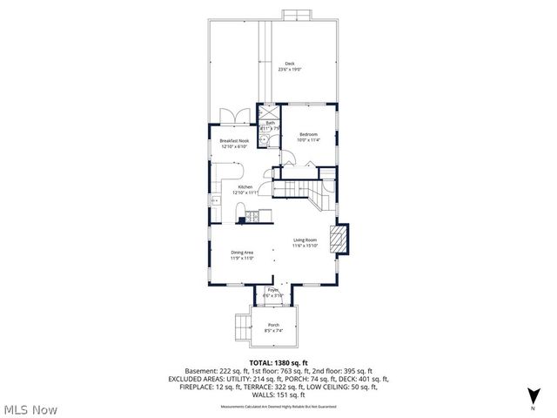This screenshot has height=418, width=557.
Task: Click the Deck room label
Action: tap(290, 63)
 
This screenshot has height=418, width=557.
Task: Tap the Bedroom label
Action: tap(308, 133)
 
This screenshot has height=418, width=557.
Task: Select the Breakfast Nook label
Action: tap(234, 140)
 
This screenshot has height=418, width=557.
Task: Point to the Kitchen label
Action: tap(245, 186)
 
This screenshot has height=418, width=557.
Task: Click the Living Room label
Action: tap(304, 239)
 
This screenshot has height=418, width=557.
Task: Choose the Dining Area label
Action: tap(241, 252)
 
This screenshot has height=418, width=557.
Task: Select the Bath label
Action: tap(270, 123)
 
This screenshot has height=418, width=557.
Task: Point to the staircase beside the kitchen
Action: tap(305, 190)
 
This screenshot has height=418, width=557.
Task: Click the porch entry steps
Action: tap(239, 328)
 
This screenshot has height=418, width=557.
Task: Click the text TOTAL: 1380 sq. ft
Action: tap(278, 361)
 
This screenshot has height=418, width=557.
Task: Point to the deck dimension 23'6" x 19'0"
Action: tap(290, 69)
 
